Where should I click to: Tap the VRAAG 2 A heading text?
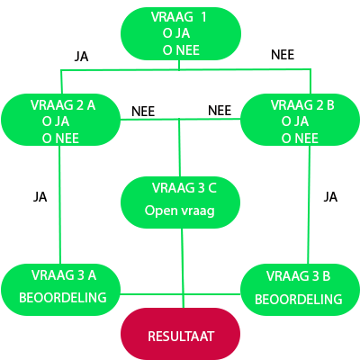pyautogui.click(x=63, y=104)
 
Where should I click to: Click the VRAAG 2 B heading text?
pyautogui.click(x=301, y=104)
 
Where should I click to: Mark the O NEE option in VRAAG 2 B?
pyautogui.click(x=299, y=138)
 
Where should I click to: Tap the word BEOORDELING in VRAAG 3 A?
pyautogui.click(x=64, y=297)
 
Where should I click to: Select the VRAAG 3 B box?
pyautogui.click(x=300, y=287)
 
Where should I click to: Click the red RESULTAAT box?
pyautogui.click(x=180, y=335)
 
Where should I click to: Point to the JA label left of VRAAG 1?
pyautogui.click(x=81, y=56)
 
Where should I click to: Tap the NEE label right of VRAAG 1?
pyautogui.click(x=283, y=55)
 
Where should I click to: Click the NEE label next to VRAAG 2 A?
pyautogui.click(x=143, y=112)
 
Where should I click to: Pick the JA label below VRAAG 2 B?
pyautogui.click(x=330, y=196)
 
